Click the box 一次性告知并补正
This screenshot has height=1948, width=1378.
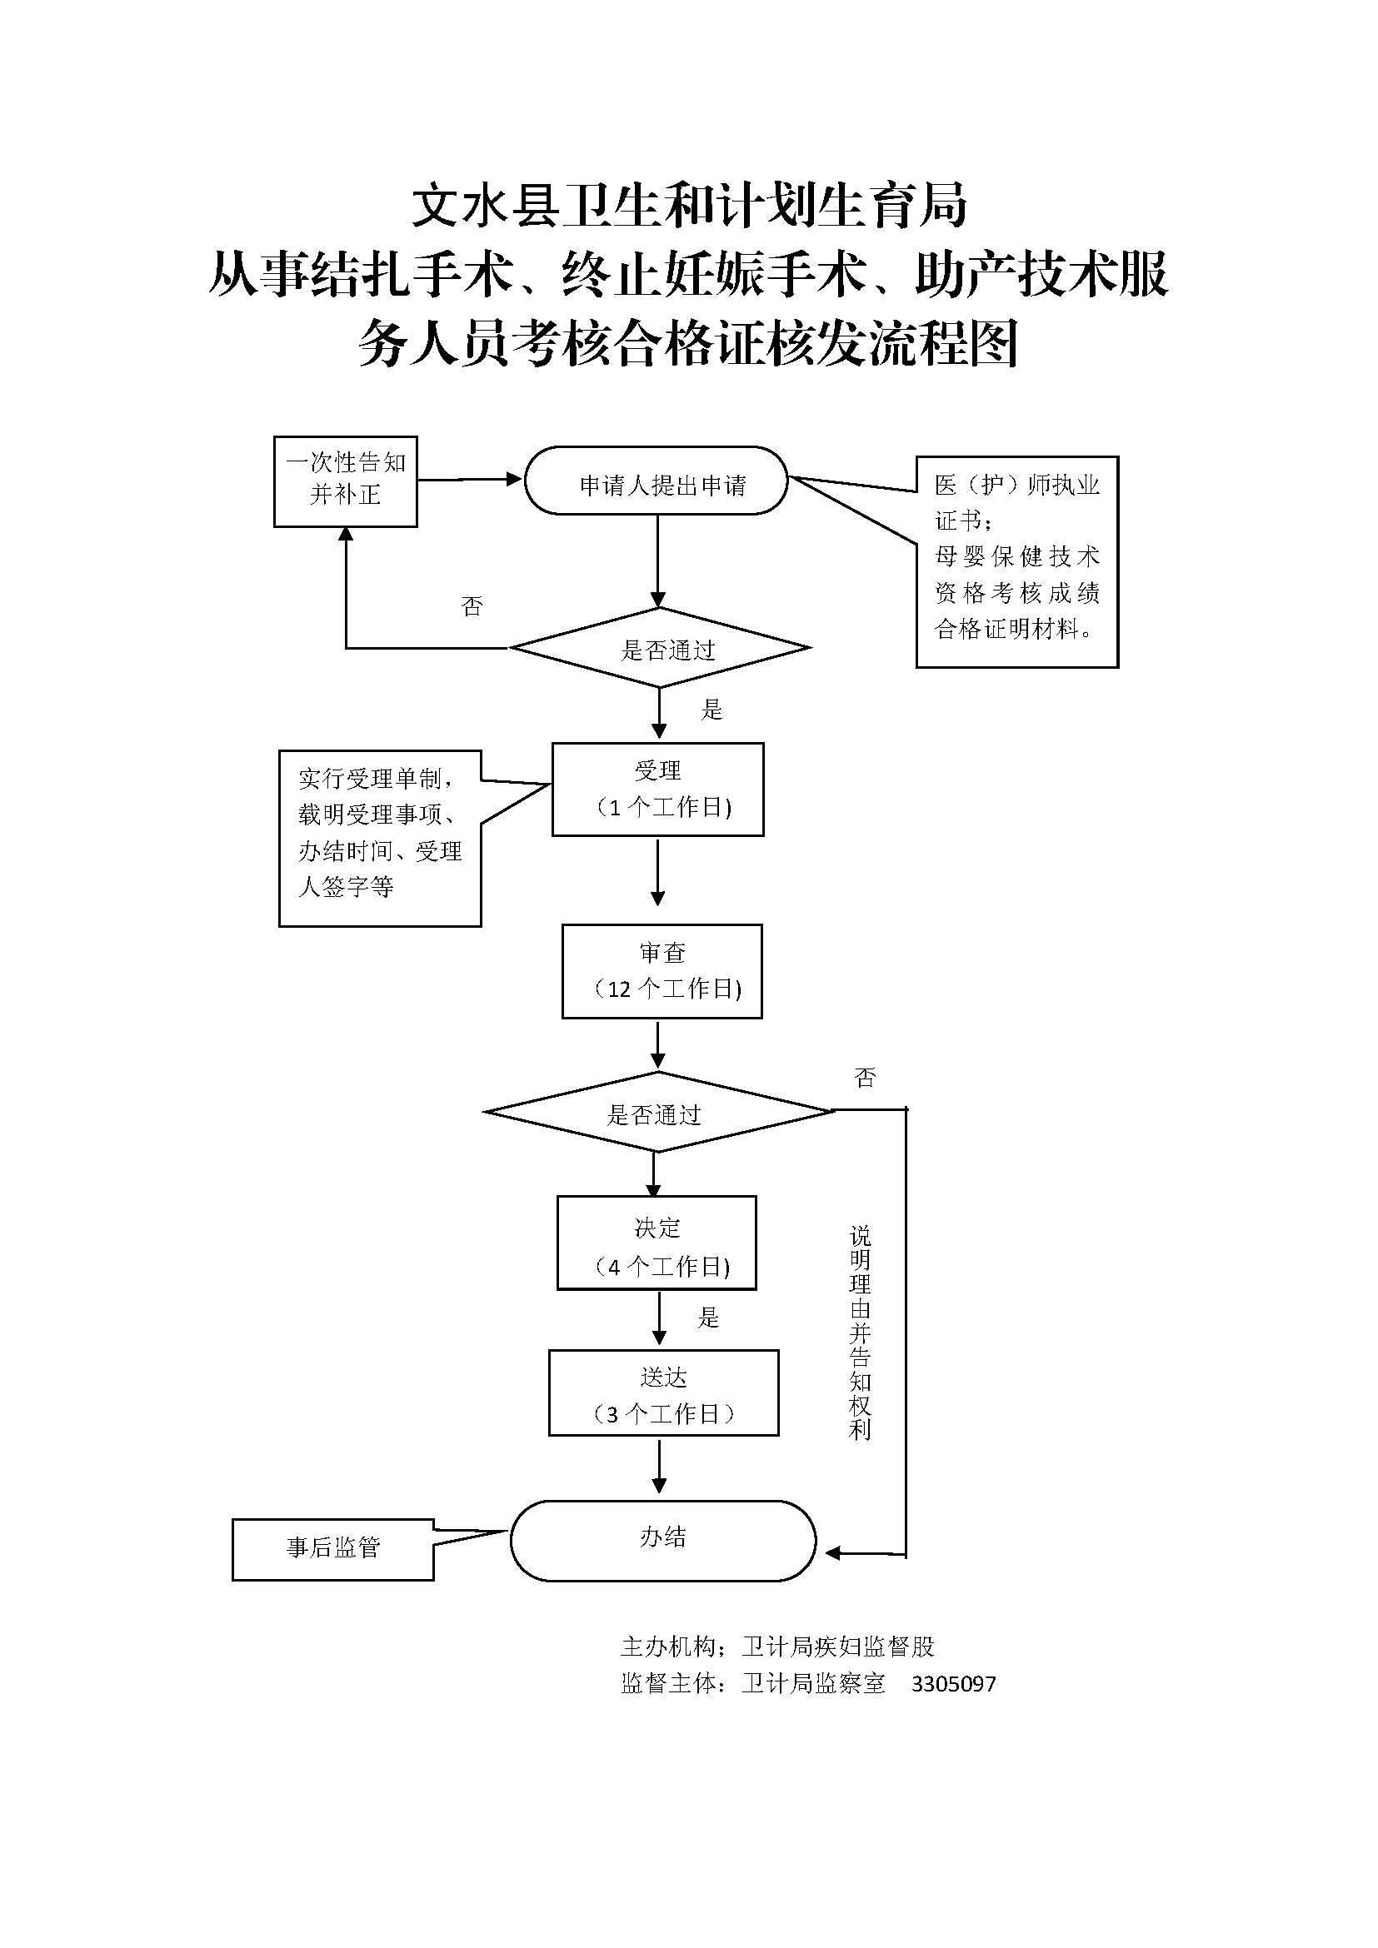coord(346,481)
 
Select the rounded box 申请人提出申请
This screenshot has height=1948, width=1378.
coord(656,481)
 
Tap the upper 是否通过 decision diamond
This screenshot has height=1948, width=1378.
coord(660,648)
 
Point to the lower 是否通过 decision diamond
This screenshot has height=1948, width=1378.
coord(657,1113)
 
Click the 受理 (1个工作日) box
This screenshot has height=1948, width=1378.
coord(657,789)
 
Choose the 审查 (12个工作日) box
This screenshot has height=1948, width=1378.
coord(662,970)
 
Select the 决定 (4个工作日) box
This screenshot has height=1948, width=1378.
coord(657,1243)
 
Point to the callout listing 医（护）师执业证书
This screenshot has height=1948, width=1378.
coord(1016,561)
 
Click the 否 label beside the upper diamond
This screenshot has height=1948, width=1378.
coord(472,605)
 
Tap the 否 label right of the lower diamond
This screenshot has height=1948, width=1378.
coord(865,1078)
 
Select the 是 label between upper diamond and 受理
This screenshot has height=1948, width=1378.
coord(711,710)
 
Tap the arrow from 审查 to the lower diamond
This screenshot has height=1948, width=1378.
coord(657,1044)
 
